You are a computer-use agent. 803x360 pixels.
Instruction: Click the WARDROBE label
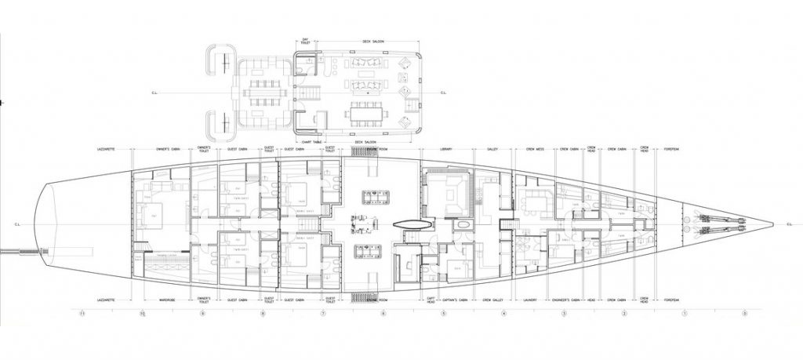(x=165, y=300)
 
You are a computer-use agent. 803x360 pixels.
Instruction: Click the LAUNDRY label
(x=534, y=300)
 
